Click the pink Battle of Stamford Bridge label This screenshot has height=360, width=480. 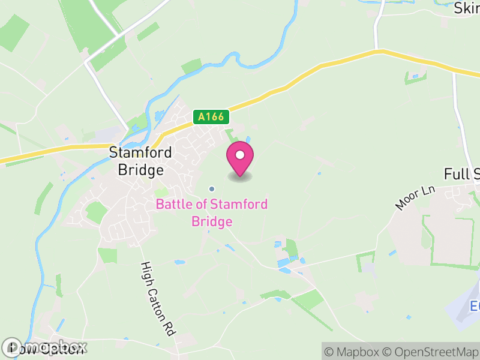[212, 213]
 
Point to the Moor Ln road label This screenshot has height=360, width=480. [415, 198]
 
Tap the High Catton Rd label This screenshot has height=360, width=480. [157, 298]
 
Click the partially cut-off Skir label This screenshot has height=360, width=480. [466, 8]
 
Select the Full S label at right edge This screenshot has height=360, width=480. [462, 175]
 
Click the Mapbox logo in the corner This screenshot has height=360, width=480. [45, 347]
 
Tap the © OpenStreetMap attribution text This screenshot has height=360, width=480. [431, 351]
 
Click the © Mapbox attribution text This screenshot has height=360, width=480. [352, 351]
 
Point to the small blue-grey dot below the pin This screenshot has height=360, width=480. [211, 189]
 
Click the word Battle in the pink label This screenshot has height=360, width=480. [172, 205]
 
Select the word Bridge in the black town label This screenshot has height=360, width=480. [140, 170]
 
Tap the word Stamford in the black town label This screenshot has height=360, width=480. [140, 153]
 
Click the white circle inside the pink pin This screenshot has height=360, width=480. [240, 155]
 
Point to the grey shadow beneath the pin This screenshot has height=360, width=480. [240, 177]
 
